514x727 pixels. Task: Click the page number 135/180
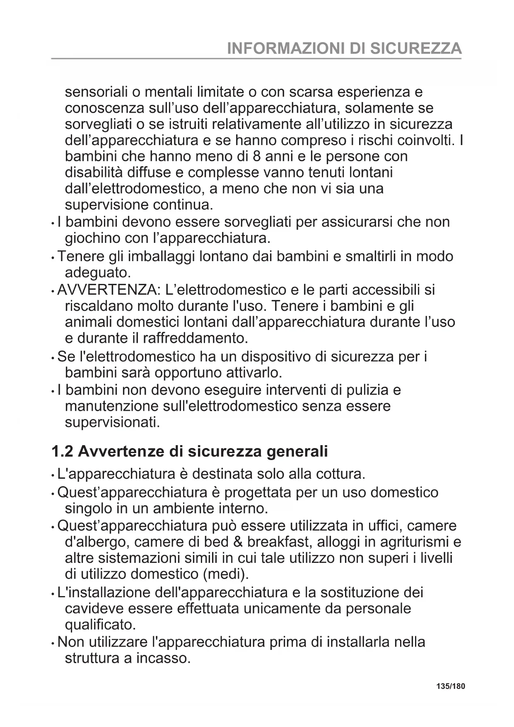[x=451, y=686]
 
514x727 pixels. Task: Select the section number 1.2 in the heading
[x=62, y=451]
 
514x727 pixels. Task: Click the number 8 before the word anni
[x=256, y=156]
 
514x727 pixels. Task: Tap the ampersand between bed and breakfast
[x=237, y=542]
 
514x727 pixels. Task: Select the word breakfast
[x=280, y=542]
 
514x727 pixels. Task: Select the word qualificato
[x=100, y=625]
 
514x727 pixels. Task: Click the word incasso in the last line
[x=163, y=658]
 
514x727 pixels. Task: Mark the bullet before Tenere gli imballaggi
[x=53, y=258]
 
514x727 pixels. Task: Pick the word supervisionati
[x=112, y=422]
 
